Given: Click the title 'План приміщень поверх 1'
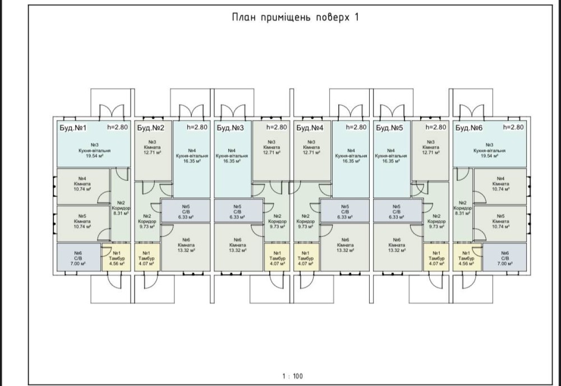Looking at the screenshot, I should point(295,17).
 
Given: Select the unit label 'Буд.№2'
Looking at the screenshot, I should point(149,128).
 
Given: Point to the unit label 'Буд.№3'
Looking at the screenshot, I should point(231,128).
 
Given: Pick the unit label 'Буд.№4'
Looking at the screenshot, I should point(310,128).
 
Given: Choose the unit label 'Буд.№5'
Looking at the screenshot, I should point(390,128).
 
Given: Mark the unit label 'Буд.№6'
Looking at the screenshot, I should point(470,128).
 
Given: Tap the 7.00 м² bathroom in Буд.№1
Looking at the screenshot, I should point(78,257).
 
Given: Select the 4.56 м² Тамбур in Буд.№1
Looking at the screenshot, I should point(117,257).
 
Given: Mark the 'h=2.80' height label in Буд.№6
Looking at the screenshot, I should point(514,127).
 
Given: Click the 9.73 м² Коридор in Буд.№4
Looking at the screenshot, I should point(306,220).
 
